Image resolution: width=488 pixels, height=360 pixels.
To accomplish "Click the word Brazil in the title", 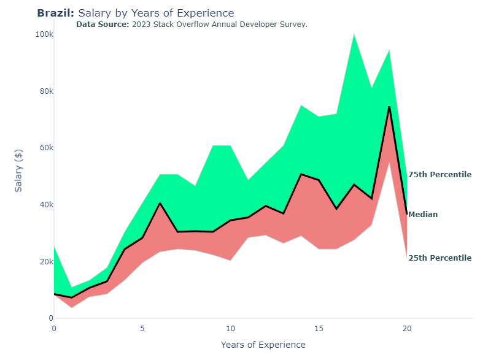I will (55, 13).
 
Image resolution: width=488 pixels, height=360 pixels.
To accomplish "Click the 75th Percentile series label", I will (440, 175).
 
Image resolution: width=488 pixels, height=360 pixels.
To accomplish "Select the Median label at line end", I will (423, 215).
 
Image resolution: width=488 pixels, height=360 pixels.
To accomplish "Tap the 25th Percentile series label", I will (440, 258).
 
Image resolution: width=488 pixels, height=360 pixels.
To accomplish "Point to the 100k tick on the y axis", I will (43, 34).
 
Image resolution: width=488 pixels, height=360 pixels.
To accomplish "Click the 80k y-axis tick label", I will (45, 91).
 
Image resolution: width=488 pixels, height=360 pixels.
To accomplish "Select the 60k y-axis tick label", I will (45, 148).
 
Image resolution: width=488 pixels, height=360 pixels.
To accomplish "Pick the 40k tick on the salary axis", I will (45, 205).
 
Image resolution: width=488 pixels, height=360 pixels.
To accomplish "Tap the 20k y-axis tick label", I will (45, 262).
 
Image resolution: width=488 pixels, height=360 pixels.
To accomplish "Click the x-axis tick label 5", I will (142, 329).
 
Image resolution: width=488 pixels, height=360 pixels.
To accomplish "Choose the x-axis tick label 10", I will (230, 329).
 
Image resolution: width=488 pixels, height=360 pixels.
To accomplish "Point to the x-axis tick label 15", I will (319, 329).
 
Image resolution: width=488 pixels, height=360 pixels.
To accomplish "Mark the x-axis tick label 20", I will (406, 329).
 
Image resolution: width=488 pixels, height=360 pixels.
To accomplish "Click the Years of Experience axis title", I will (263, 345).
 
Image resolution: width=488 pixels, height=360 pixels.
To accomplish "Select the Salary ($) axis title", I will (18, 170).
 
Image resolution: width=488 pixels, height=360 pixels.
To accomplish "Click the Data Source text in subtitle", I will (103, 25).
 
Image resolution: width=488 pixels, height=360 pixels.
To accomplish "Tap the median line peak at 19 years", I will (389, 107).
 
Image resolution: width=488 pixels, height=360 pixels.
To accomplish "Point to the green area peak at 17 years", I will (354, 34).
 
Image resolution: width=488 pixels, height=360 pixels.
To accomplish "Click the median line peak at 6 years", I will (160, 203).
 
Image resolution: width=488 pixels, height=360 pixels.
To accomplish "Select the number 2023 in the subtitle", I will (142, 25).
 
